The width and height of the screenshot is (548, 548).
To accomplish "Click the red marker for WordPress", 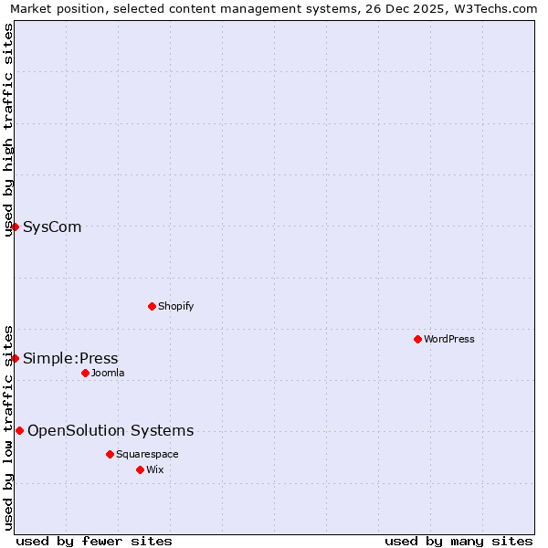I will coord(417,339).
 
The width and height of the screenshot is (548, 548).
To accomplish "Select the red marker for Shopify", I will coord(152,306).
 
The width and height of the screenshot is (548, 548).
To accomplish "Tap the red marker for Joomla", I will coord(85,373).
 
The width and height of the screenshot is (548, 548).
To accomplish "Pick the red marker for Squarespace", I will coord(110,454).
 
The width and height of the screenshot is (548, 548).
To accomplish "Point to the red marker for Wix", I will coord(140,469).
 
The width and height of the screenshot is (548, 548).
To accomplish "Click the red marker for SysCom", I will coord(16,227).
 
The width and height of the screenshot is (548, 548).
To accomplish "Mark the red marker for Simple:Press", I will coord(16,358).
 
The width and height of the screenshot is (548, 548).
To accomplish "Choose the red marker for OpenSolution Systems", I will coord(19,430).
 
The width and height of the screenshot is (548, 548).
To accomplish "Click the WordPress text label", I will coord(449,339).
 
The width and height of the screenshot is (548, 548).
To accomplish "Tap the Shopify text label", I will coord(175,306).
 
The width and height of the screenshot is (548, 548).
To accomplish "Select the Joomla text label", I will coord(108,373).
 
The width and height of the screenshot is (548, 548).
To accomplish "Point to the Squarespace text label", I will coord(147,454).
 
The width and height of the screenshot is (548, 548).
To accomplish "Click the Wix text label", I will coord(154,469).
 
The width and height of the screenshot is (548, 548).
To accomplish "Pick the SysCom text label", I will coord(52,227).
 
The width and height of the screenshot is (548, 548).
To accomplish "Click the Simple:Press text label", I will coord(70,358).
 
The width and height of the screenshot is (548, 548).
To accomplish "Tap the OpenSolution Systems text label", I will coord(111,430).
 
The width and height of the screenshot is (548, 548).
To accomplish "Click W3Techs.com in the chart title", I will coord(501,8).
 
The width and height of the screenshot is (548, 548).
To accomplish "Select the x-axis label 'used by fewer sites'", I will coord(94,541).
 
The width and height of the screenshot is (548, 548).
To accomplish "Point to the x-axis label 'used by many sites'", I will coord(458,541).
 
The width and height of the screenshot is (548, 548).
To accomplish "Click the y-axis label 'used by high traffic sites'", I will coord(8,130).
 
